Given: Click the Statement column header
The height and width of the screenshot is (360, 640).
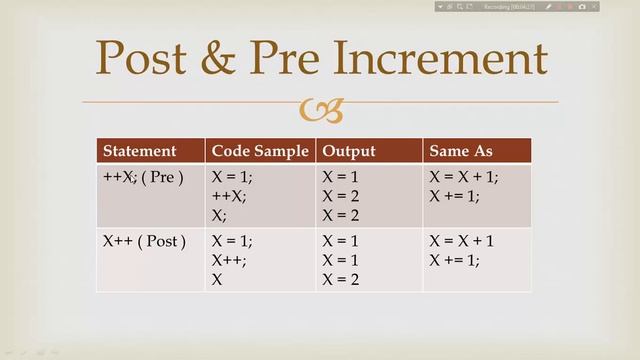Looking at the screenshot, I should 139,151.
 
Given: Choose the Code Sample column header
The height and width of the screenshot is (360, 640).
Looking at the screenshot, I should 259,151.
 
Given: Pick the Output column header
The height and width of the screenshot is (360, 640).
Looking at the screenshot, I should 349,151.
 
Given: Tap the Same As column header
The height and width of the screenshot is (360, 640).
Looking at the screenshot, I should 461,151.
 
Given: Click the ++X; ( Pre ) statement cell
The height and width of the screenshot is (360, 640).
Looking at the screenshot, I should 143,177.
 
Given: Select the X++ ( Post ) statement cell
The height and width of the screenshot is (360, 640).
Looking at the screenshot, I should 144,241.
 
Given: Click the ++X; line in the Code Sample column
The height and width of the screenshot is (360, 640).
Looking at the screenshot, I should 229,196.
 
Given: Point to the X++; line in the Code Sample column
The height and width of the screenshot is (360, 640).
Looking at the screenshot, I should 229,260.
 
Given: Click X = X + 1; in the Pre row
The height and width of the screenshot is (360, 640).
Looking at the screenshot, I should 464,177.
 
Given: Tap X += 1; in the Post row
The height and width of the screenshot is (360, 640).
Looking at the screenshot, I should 454,260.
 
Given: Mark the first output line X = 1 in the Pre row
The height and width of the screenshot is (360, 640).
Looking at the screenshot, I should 342,177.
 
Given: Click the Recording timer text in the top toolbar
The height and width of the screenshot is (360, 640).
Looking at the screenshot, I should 511,7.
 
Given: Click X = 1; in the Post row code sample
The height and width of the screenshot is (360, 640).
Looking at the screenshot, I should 232,241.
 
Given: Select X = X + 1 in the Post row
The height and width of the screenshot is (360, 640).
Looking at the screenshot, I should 462,241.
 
